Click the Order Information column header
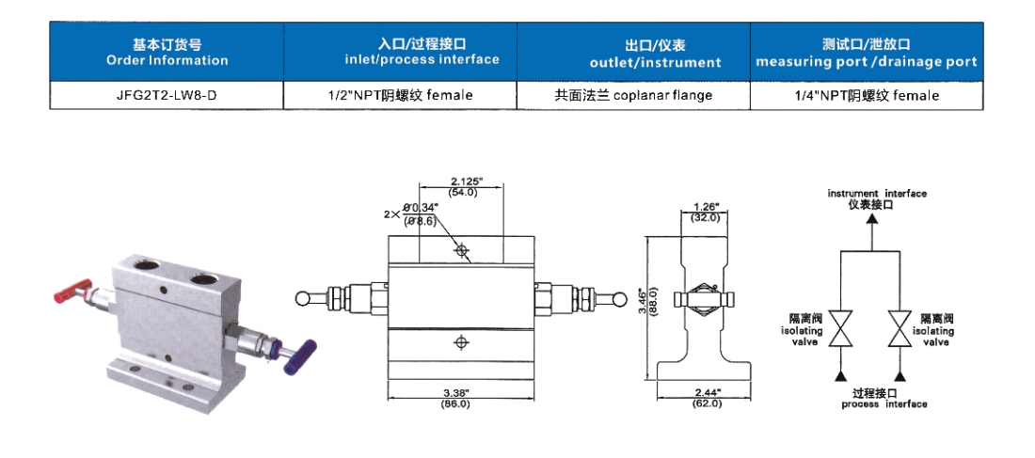click(x=167, y=53)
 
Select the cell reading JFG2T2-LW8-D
click(x=167, y=95)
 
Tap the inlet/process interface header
click(x=400, y=53)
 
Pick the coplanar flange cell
click(x=633, y=95)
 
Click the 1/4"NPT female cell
click(x=867, y=95)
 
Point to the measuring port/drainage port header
click(x=867, y=53)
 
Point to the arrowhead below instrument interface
click(x=871, y=218)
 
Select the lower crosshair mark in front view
click(x=460, y=343)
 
